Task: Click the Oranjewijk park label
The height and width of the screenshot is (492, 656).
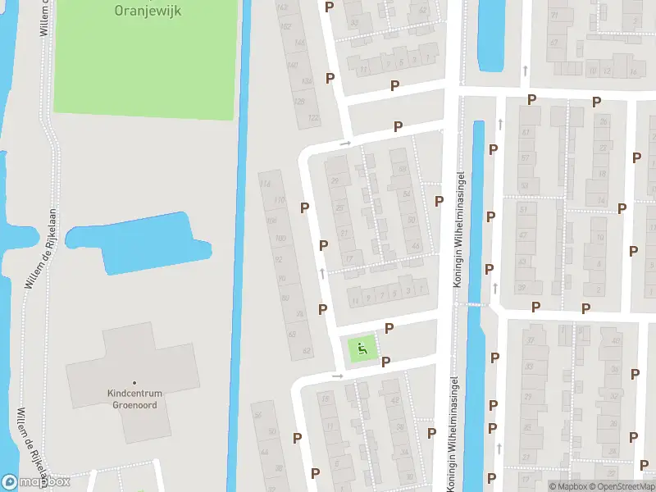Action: (x=148, y=11)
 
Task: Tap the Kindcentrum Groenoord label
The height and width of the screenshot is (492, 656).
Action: (x=135, y=398)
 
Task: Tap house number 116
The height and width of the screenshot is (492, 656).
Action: (x=265, y=184)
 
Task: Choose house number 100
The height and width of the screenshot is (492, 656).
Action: (x=280, y=239)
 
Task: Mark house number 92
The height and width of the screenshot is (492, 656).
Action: (x=279, y=259)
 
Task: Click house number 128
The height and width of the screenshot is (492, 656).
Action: (x=299, y=102)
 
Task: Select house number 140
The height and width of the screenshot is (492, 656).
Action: (x=293, y=64)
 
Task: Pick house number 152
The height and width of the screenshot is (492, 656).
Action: (x=286, y=26)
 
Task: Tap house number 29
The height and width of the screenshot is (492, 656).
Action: (x=334, y=181)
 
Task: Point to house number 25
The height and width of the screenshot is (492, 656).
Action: (x=339, y=207)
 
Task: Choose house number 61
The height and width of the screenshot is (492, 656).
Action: (x=525, y=133)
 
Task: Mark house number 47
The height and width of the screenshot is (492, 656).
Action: (x=522, y=235)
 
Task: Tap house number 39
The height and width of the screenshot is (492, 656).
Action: (x=520, y=286)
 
